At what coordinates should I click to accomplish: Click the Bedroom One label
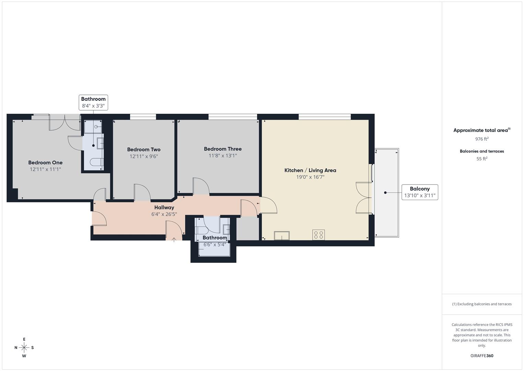[45, 162]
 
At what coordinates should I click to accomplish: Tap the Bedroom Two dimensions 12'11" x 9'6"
[143, 156]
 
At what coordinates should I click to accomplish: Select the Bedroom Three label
[223, 149]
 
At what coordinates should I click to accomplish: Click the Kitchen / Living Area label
[310, 170]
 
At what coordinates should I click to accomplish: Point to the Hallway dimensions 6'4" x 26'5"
[164, 214]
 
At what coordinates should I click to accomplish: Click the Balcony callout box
[420, 192]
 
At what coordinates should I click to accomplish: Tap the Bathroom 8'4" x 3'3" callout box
[93, 102]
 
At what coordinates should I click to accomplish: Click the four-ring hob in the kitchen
[318, 235]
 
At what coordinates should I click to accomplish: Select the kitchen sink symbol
[281, 236]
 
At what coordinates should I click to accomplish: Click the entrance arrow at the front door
[174, 239]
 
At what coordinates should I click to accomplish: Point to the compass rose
[24, 347]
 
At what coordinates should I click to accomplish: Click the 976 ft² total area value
[482, 139]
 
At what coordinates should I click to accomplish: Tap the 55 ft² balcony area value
[482, 159]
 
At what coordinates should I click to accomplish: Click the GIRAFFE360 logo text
[482, 356]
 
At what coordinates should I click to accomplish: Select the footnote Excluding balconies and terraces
[482, 304]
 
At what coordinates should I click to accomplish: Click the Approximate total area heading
[482, 130]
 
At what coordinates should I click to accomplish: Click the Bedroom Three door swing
[201, 187]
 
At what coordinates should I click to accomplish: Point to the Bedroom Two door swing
[142, 193]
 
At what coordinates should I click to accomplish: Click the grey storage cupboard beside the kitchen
[247, 228]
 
